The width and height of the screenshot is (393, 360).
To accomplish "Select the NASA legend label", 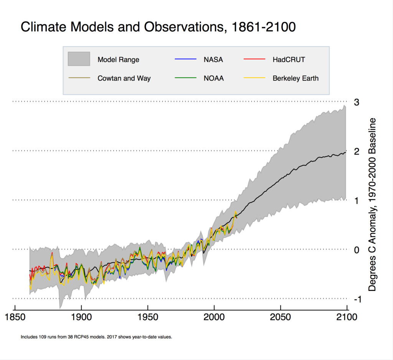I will pos(213,59).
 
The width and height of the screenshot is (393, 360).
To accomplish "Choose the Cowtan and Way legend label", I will pos(124,78).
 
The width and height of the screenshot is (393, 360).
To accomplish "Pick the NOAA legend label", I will pos(214,78).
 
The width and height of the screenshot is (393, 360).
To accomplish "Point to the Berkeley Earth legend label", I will pos(296,78).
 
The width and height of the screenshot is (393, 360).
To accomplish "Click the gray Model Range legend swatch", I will pos(79,59).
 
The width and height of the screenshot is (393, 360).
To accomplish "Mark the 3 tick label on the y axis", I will pos(357,102).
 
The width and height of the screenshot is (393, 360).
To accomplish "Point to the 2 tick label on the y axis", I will pos(357,151).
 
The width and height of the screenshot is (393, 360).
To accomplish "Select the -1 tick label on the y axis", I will pos(355,299).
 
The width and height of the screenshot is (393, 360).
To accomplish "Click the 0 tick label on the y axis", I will pos(357,250).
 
